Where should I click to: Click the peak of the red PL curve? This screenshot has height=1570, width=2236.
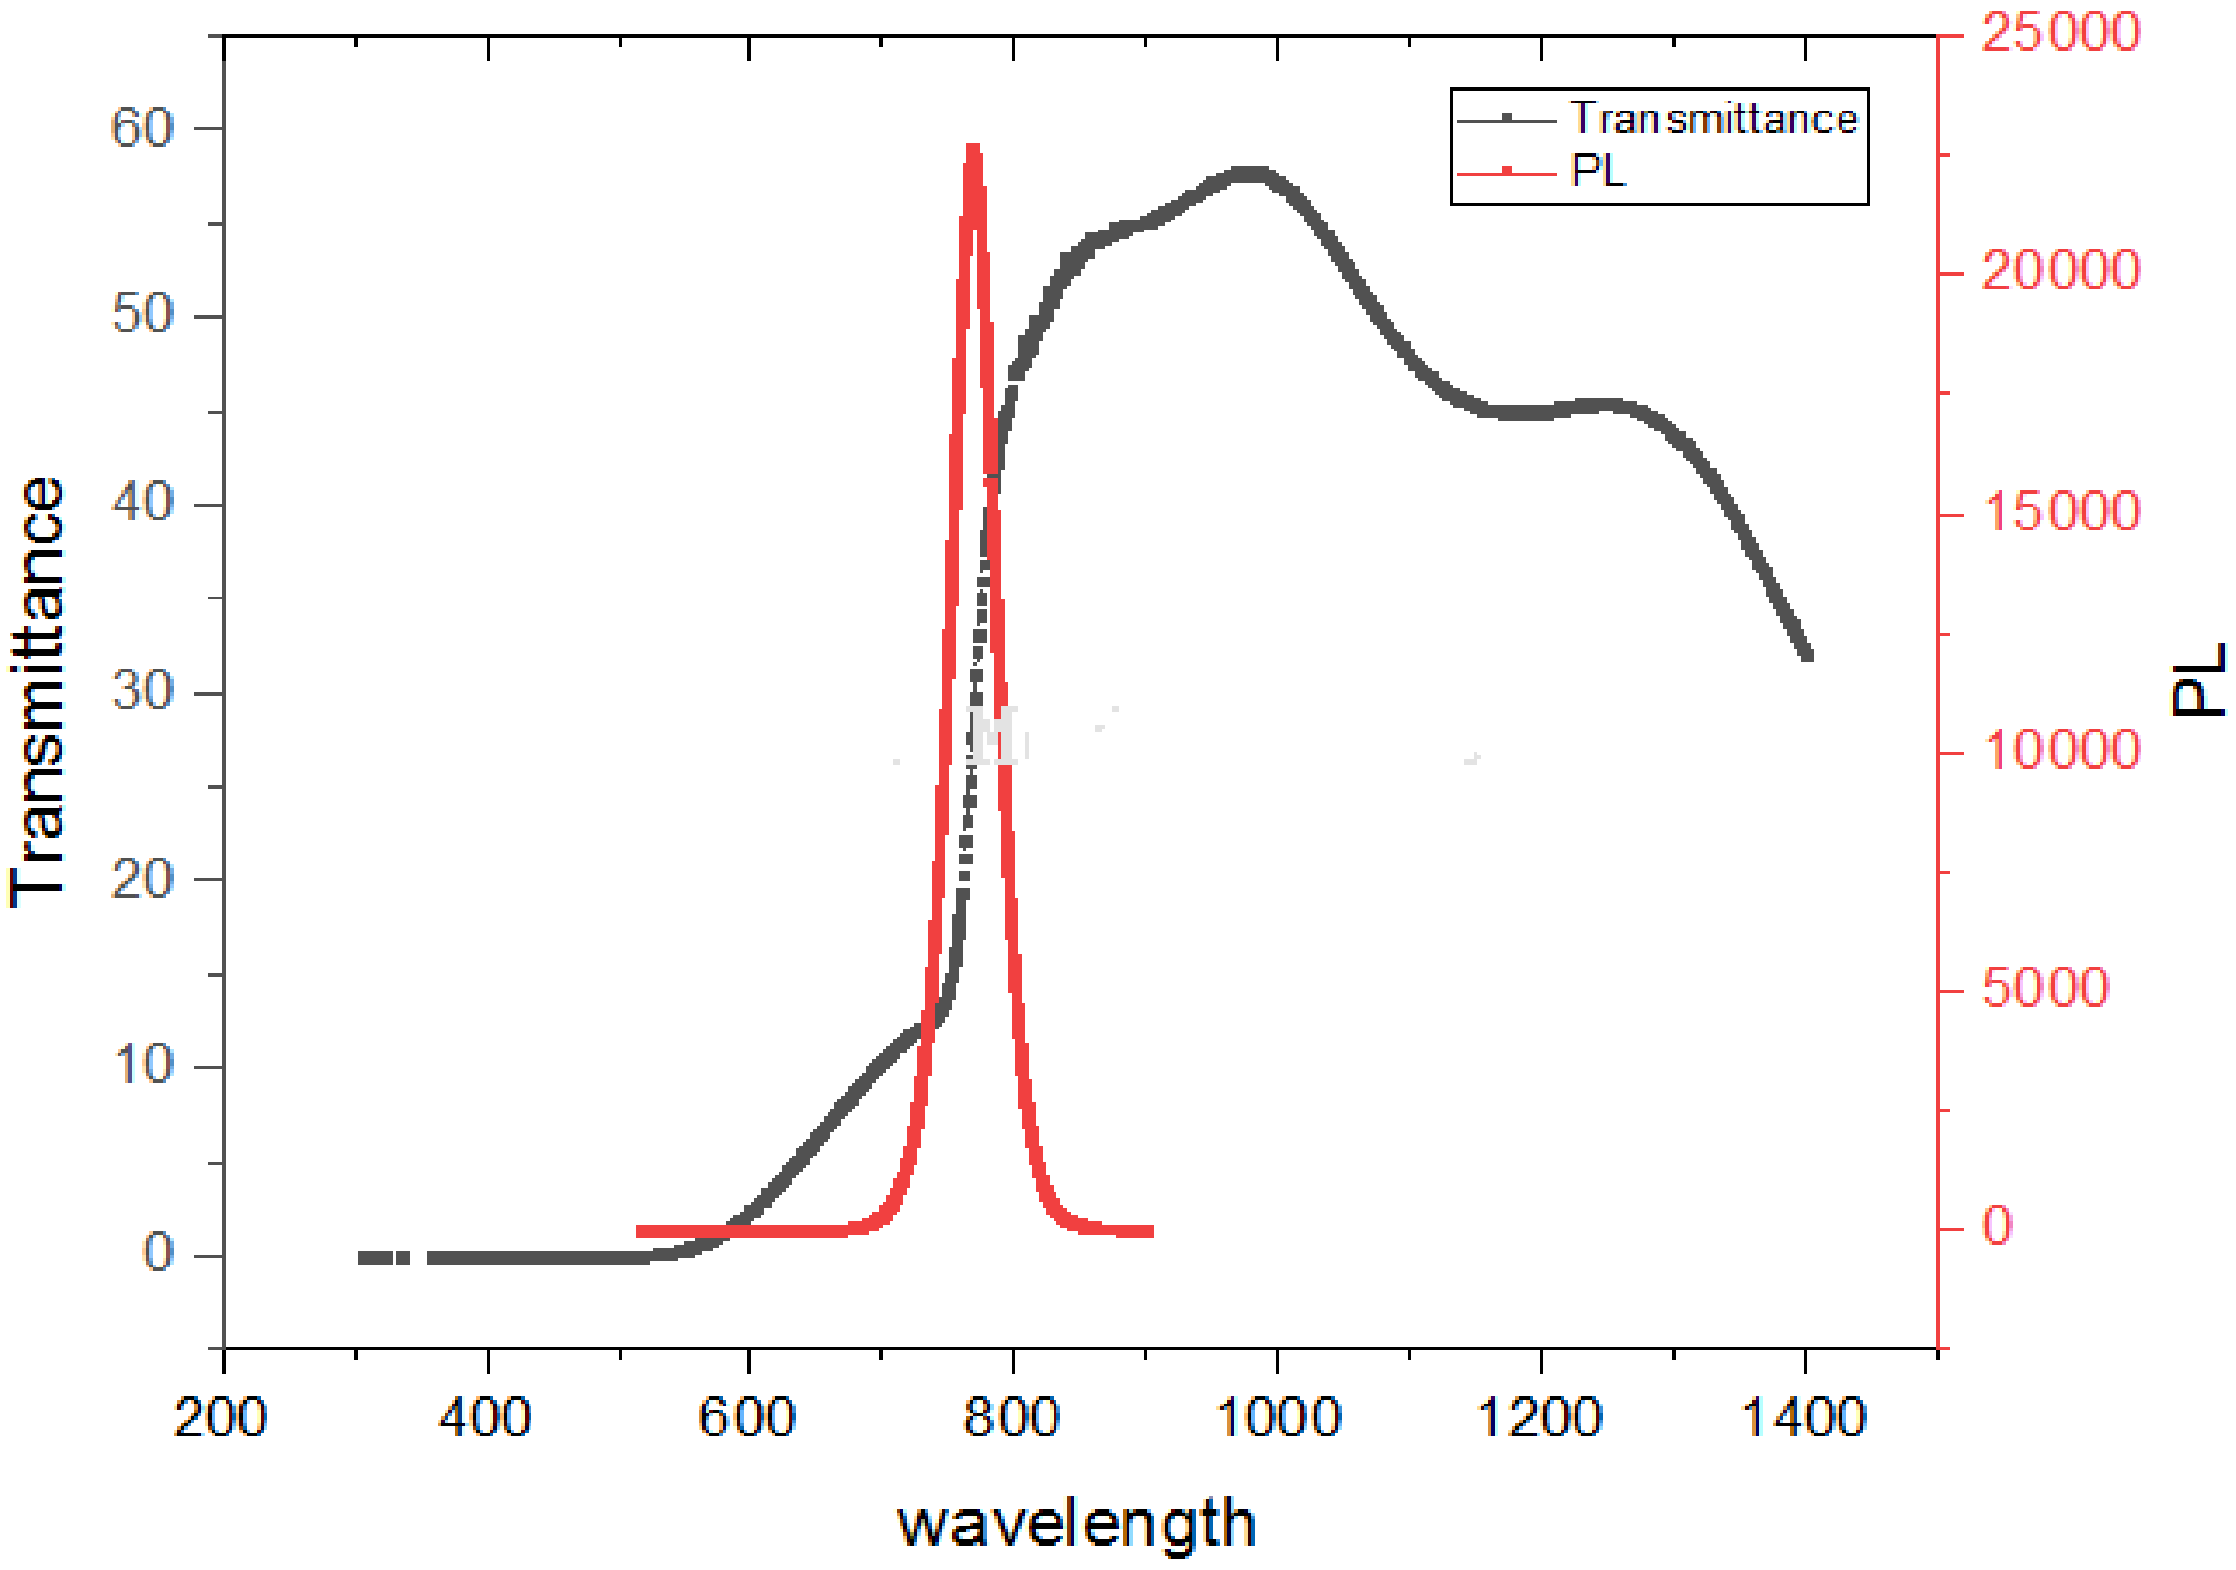(973, 149)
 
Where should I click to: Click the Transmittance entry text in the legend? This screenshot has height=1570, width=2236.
(1714, 119)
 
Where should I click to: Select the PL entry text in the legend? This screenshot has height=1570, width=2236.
(1598, 171)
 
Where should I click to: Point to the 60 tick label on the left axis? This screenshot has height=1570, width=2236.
(142, 128)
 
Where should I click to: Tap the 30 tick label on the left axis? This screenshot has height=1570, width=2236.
(142, 691)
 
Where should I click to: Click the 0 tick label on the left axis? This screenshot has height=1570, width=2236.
(159, 1253)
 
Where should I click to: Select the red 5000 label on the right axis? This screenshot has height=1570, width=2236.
(2045, 988)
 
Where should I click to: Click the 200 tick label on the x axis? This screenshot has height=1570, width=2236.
(220, 1418)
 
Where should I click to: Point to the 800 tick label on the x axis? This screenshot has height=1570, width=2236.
(1011, 1418)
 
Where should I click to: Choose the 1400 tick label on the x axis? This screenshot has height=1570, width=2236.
(1804, 1418)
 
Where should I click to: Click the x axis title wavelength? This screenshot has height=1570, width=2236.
(1076, 1524)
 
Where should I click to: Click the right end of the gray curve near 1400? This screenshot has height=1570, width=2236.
(1807, 655)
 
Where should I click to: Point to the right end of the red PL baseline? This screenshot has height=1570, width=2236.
(1151, 1232)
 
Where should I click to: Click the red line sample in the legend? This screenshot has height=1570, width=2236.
(1506, 174)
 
